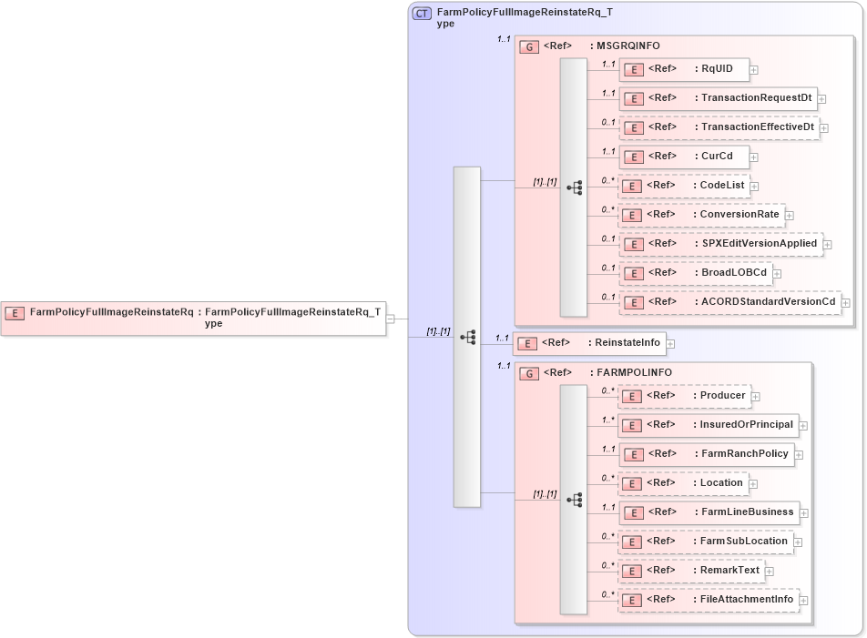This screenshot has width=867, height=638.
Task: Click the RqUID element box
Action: tap(684, 69)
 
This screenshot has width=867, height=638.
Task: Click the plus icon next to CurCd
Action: tap(754, 157)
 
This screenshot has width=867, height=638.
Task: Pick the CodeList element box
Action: tap(684, 186)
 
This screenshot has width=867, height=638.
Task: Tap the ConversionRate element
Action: tap(701, 215)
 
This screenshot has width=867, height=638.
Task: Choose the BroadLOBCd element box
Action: tap(695, 273)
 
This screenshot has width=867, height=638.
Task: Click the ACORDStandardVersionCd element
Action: tap(730, 302)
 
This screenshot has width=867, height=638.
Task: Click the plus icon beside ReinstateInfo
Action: tap(670, 344)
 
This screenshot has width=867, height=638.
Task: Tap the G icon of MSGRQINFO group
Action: tap(528, 46)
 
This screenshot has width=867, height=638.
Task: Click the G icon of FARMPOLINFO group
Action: tap(528, 373)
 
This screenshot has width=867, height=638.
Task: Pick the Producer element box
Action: tap(686, 396)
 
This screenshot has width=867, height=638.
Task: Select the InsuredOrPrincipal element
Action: tap(709, 425)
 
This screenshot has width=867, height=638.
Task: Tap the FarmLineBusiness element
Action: tap(709, 512)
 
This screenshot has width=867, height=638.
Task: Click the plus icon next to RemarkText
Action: tap(770, 572)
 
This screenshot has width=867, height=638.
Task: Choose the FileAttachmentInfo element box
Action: tap(709, 600)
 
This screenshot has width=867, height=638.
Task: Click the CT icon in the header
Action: tap(423, 14)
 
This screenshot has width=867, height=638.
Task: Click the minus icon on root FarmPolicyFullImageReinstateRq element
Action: tap(391, 319)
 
